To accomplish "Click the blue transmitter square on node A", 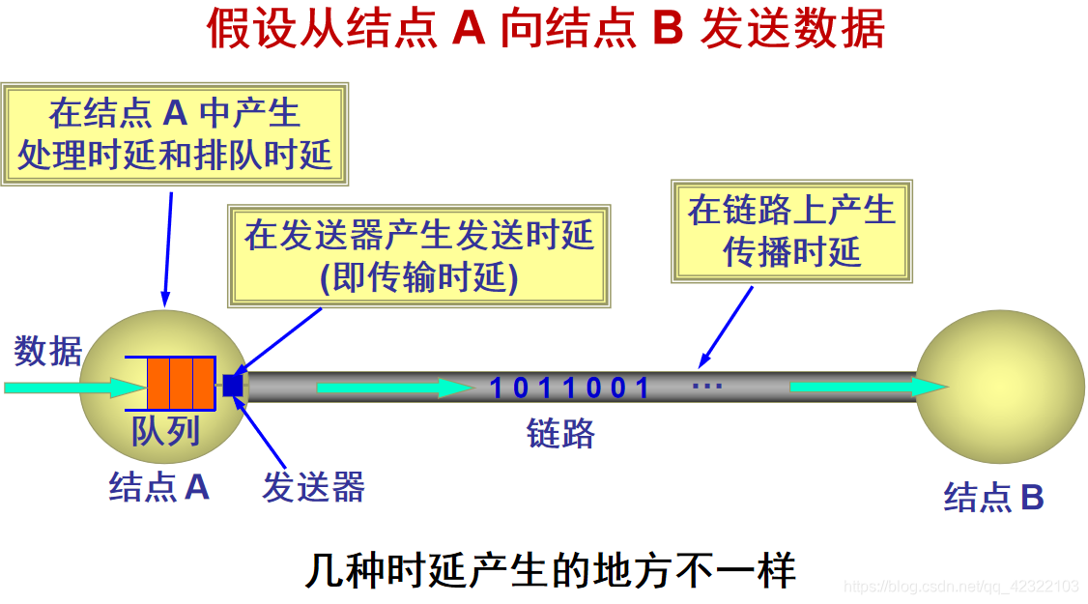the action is [x=233, y=385].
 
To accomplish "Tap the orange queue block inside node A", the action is [x=181, y=384].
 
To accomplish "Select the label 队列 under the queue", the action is [x=165, y=430].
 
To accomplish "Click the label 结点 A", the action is [x=159, y=487].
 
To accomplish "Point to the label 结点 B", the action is [x=994, y=498].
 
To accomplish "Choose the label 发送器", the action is [x=313, y=488].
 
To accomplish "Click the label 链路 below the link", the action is [x=560, y=434].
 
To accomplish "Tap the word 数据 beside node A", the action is [x=48, y=351].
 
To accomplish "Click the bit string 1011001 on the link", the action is [x=570, y=388].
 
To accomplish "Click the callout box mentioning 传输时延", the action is [x=418, y=256].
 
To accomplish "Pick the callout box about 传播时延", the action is [x=791, y=231].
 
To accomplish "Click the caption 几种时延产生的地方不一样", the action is [x=550, y=571].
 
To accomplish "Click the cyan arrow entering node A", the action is [x=72, y=388].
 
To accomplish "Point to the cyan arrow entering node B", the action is [x=865, y=388].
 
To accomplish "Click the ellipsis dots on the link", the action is [x=707, y=386].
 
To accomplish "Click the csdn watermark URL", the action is [x=960, y=587].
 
